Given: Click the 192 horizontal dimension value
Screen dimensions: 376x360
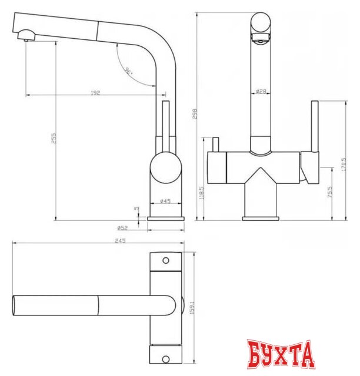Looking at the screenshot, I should tap(95, 92).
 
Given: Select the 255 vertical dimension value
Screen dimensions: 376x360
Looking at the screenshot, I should tap(53, 139).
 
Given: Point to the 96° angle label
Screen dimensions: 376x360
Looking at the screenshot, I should tap(129, 71).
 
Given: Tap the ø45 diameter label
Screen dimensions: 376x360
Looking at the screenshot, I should tap(165, 202).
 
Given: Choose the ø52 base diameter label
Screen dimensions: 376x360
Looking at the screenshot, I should tap(122, 227).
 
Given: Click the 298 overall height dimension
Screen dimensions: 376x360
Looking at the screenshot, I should tap(195, 113).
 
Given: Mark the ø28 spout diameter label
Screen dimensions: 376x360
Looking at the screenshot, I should tap(261, 91).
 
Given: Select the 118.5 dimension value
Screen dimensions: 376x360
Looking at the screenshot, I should tap(202, 193).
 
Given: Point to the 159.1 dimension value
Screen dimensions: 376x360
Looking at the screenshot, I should tap(191, 307).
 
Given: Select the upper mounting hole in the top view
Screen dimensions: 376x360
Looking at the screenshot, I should tap(165, 260).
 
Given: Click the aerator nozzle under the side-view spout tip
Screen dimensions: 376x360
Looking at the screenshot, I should tap(26, 39).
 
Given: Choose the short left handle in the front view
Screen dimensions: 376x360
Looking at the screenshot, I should tap(215, 144).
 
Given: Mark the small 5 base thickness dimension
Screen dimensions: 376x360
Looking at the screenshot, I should tap(135, 208).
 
